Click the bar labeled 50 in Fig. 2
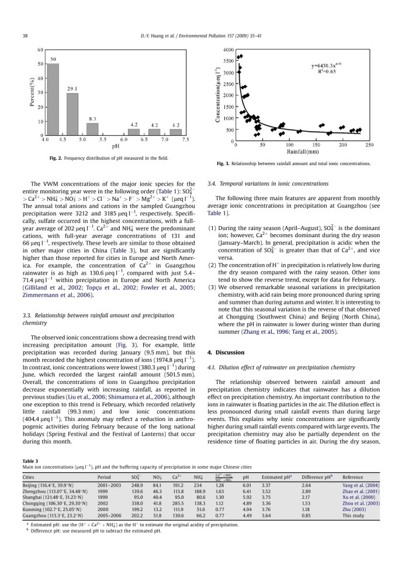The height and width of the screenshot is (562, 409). pyautogui.click(x=53, y=100)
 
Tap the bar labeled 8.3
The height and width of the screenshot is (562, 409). pyautogui.click(x=92, y=129)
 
